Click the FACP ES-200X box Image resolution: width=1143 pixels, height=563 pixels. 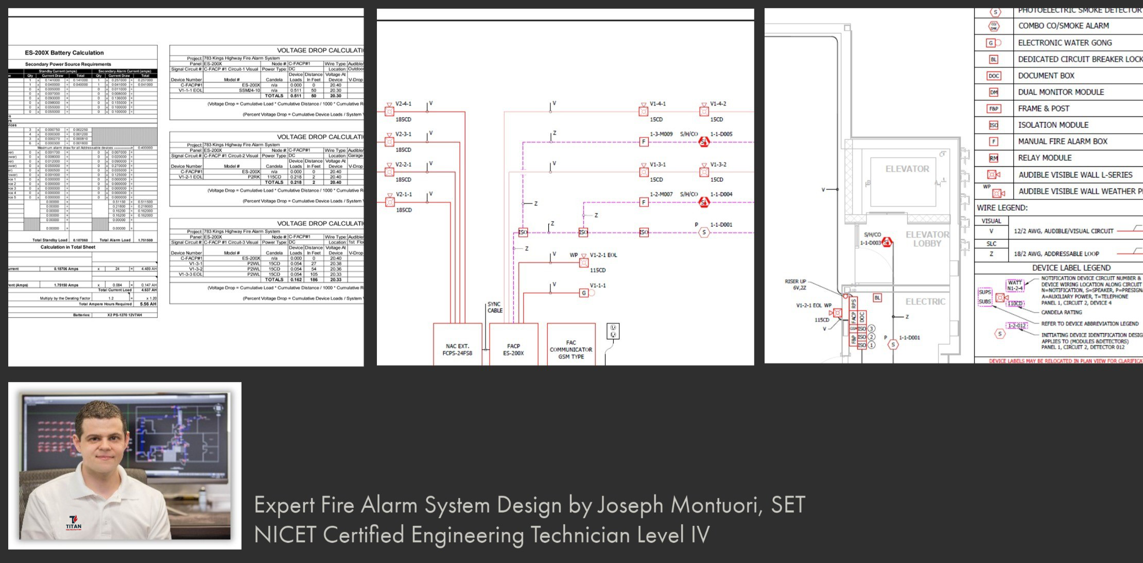(513, 349)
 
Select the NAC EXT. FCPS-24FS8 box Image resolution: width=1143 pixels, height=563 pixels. (457, 349)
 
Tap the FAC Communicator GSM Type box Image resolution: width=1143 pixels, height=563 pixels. (571, 349)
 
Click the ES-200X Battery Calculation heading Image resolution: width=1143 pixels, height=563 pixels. (64, 53)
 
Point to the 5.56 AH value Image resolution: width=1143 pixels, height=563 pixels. (148, 304)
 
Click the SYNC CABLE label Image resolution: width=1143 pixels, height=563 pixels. (495, 307)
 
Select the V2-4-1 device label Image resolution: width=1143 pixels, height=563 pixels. (403, 104)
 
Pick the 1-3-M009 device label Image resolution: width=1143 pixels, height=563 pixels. (661, 134)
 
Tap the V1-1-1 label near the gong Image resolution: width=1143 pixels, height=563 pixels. (598, 285)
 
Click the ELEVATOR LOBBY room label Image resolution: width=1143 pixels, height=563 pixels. (927, 239)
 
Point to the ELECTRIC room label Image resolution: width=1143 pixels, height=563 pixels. (925, 302)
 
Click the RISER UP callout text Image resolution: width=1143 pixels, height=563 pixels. (795, 282)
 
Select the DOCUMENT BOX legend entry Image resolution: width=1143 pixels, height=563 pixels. (1046, 76)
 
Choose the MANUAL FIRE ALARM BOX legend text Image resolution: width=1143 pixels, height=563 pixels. (1062, 141)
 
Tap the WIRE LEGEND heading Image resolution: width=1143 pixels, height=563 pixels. (1002, 208)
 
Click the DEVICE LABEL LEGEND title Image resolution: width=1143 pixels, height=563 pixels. (1071, 268)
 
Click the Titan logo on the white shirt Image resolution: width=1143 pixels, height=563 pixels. (73, 522)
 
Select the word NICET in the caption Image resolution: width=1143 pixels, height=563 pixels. (285, 535)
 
